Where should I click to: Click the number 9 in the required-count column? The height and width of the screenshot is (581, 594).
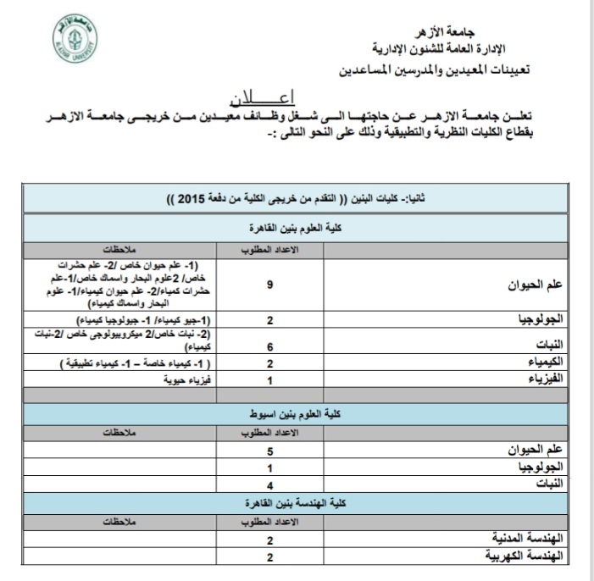(269, 285)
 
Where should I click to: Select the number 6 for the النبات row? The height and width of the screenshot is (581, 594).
(269, 346)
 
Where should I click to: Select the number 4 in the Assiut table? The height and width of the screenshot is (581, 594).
(269, 485)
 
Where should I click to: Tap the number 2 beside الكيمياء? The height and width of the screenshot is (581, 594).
(269, 363)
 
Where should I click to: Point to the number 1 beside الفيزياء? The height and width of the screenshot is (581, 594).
(269, 380)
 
